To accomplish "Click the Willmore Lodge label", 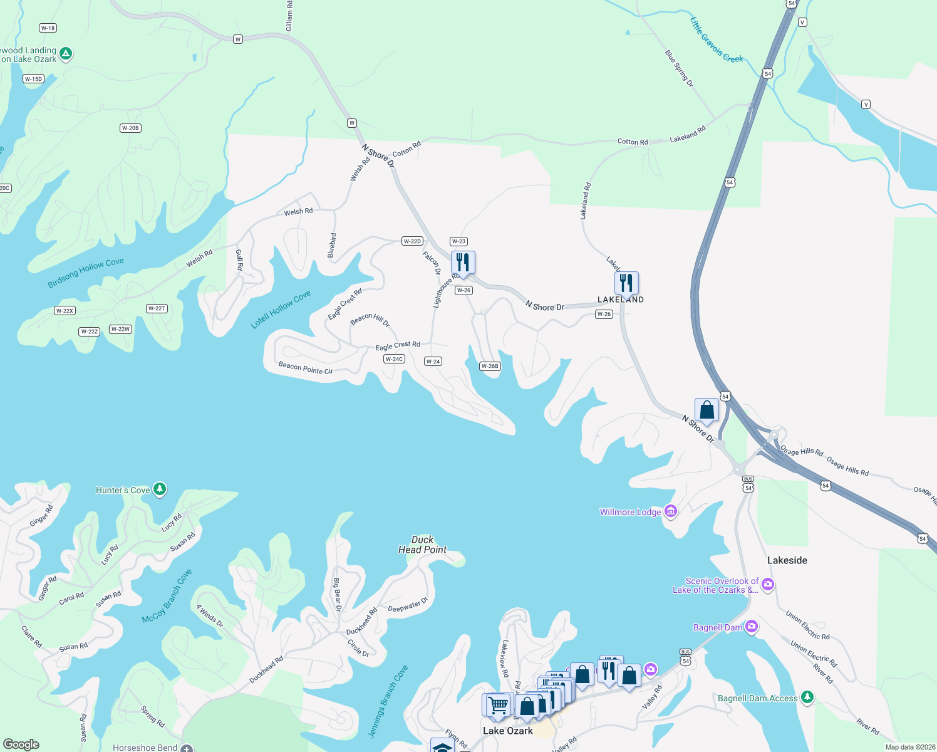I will (630, 512).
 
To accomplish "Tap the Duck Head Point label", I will (423, 545).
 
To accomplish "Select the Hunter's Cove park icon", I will (160, 489).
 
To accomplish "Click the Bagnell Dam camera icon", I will (752, 627).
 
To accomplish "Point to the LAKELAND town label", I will (621, 300).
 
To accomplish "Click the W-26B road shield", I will (490, 366).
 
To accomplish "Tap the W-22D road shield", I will (412, 241).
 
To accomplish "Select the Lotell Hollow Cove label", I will (281, 310).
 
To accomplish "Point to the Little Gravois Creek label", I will (716, 40).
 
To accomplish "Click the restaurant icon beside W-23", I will (463, 263).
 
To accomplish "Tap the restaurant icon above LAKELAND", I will (626, 283).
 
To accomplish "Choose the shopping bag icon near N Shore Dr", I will (707, 410).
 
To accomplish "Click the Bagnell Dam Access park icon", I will (807, 697).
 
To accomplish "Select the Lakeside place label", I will (787, 560).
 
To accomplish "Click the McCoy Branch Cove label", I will (167, 597).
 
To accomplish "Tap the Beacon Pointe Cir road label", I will (306, 368).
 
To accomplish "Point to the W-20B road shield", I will (130, 128).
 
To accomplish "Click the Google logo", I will (21, 744).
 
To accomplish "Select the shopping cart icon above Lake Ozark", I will (499, 705).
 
